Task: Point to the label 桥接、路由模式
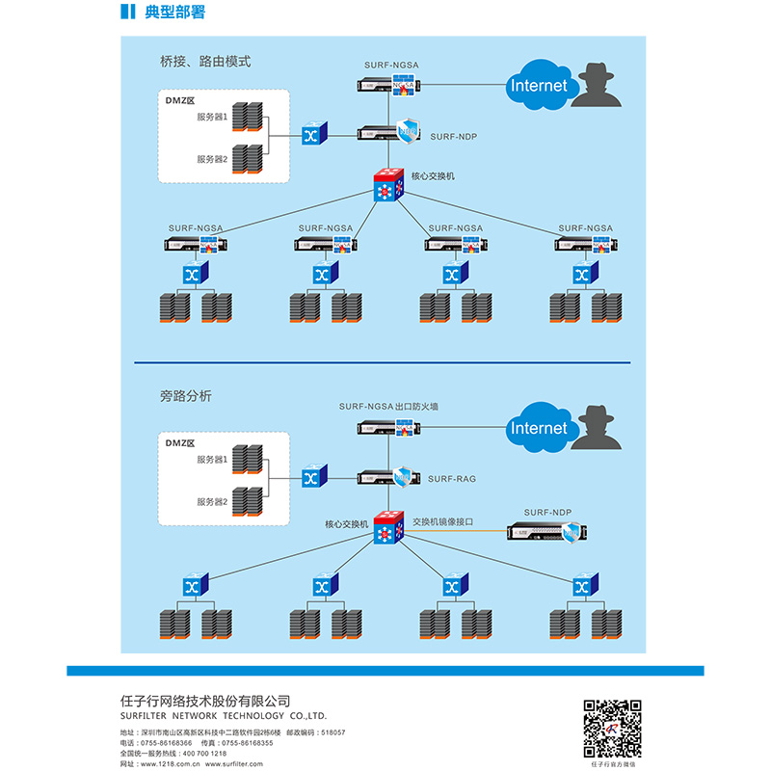(204, 61)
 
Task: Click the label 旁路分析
(185, 395)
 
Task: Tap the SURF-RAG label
(452, 479)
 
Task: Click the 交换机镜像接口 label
(443, 521)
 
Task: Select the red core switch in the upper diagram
(389, 185)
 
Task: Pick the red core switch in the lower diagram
(389, 527)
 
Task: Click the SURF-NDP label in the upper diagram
(453, 137)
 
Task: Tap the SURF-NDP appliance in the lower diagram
(545, 531)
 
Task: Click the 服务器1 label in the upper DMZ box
(212, 117)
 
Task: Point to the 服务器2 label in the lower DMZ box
(212, 502)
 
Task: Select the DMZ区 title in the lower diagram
(180, 443)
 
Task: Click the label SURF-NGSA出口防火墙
(388, 407)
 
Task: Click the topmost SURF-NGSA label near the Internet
(391, 65)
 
